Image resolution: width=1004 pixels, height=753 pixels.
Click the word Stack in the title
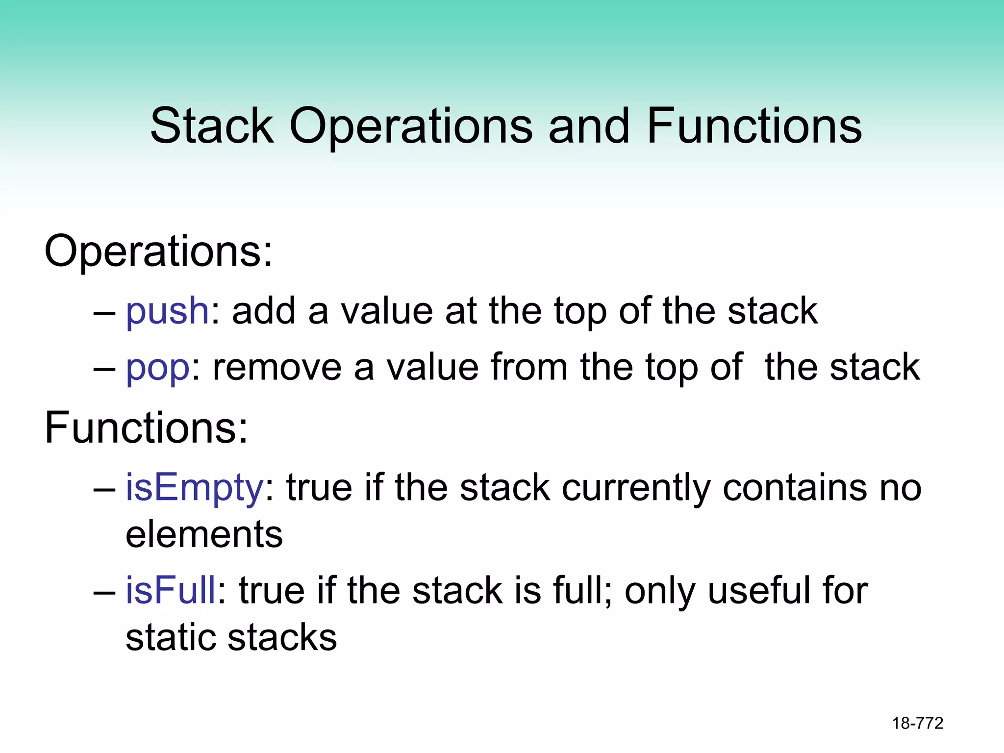[x=212, y=126]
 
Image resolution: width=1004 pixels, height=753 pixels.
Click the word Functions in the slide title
[x=754, y=126]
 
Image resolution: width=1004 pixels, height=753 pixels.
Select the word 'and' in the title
[x=588, y=126]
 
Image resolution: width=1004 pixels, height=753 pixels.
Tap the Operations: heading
[x=158, y=251]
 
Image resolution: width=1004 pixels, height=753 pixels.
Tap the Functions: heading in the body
[x=146, y=427]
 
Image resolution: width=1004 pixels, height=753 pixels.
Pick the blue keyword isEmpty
[x=195, y=488]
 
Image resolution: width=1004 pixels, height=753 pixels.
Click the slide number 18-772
[x=917, y=723]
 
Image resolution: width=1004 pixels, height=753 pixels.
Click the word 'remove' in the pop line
[x=277, y=368]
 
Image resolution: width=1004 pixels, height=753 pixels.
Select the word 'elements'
[x=204, y=534]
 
